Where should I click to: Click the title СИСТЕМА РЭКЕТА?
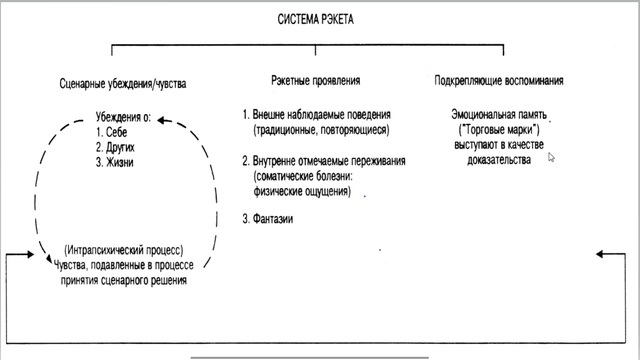coord(316,19)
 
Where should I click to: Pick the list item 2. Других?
coord(118,147)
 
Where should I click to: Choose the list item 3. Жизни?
coord(117,162)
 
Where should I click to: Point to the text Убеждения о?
coord(123,117)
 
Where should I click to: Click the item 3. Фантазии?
coord(268,219)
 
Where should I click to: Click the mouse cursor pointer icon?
coord(551,157)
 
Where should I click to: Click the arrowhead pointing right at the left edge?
coord(39,256)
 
